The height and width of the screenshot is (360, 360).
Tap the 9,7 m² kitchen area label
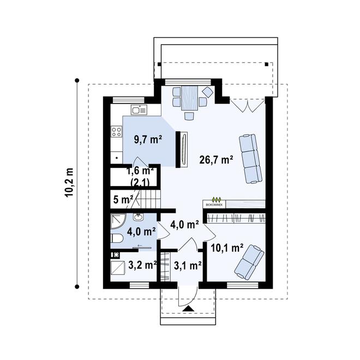coord(148,139)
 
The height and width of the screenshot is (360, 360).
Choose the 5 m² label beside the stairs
coord(123,199)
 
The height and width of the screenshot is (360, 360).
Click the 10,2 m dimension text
coord(70,184)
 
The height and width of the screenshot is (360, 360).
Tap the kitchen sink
coord(139,110)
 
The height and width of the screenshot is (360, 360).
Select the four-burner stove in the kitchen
coord(116,131)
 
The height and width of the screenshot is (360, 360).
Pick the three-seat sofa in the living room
coord(250,158)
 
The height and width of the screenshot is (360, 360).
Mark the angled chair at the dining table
coord(207,91)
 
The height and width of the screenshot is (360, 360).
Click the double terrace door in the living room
coord(243,105)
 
